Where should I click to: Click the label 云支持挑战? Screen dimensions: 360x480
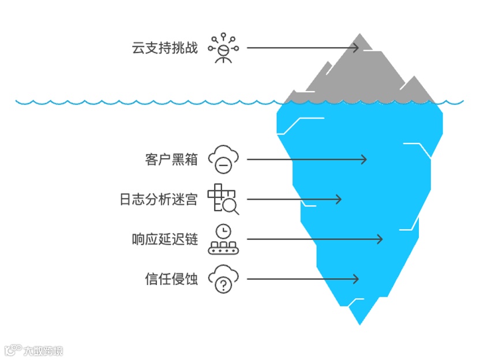pos(164,48)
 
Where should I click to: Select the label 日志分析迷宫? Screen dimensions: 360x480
pos(158,200)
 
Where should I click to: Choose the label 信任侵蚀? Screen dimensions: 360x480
pos(171,279)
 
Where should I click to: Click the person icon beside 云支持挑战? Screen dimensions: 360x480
pos(223,48)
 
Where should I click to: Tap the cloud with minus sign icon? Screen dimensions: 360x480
pos(223,159)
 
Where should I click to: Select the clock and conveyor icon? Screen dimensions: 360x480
pos(223,239)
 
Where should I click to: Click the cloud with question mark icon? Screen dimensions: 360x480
pos(223,279)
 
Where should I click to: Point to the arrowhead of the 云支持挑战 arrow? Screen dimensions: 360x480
pos(356,48)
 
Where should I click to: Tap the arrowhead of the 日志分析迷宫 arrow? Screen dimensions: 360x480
pos(339,200)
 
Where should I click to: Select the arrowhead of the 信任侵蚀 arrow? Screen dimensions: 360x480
pos(355,279)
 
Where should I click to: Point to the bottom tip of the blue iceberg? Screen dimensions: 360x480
pos(359,323)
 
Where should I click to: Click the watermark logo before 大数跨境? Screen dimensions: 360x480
pos(12,350)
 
